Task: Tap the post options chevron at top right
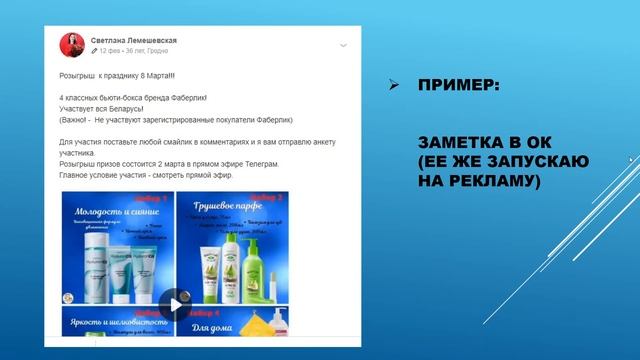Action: (343, 45)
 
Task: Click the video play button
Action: (176, 304)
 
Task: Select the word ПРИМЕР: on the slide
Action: (459, 87)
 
